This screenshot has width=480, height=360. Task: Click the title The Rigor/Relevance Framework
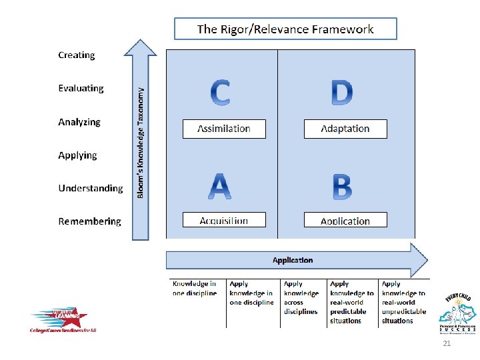[x=285, y=29]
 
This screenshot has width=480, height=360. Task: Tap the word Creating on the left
[x=77, y=55]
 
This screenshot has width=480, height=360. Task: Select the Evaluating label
[x=81, y=89]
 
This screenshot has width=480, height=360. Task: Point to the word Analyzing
[x=79, y=122]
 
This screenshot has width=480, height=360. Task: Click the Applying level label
[x=77, y=155]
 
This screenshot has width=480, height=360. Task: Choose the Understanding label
[x=91, y=189]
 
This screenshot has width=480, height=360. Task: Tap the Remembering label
[x=90, y=221]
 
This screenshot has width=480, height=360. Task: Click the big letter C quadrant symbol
[x=221, y=93]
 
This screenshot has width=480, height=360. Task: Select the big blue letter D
[x=342, y=93]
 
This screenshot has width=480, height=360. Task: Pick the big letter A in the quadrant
[x=221, y=187]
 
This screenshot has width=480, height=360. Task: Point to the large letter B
[x=342, y=187]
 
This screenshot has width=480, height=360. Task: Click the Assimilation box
[x=224, y=129]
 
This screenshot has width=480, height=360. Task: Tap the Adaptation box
[x=345, y=129]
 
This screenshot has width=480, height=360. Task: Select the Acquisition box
[x=224, y=221]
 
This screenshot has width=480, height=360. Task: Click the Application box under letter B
[x=345, y=221]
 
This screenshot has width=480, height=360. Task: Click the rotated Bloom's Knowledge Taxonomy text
[x=141, y=143]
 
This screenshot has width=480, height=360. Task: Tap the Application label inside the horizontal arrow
[x=293, y=260]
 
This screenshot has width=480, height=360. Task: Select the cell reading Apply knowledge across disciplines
[x=302, y=297]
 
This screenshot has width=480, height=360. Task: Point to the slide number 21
[x=447, y=343]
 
